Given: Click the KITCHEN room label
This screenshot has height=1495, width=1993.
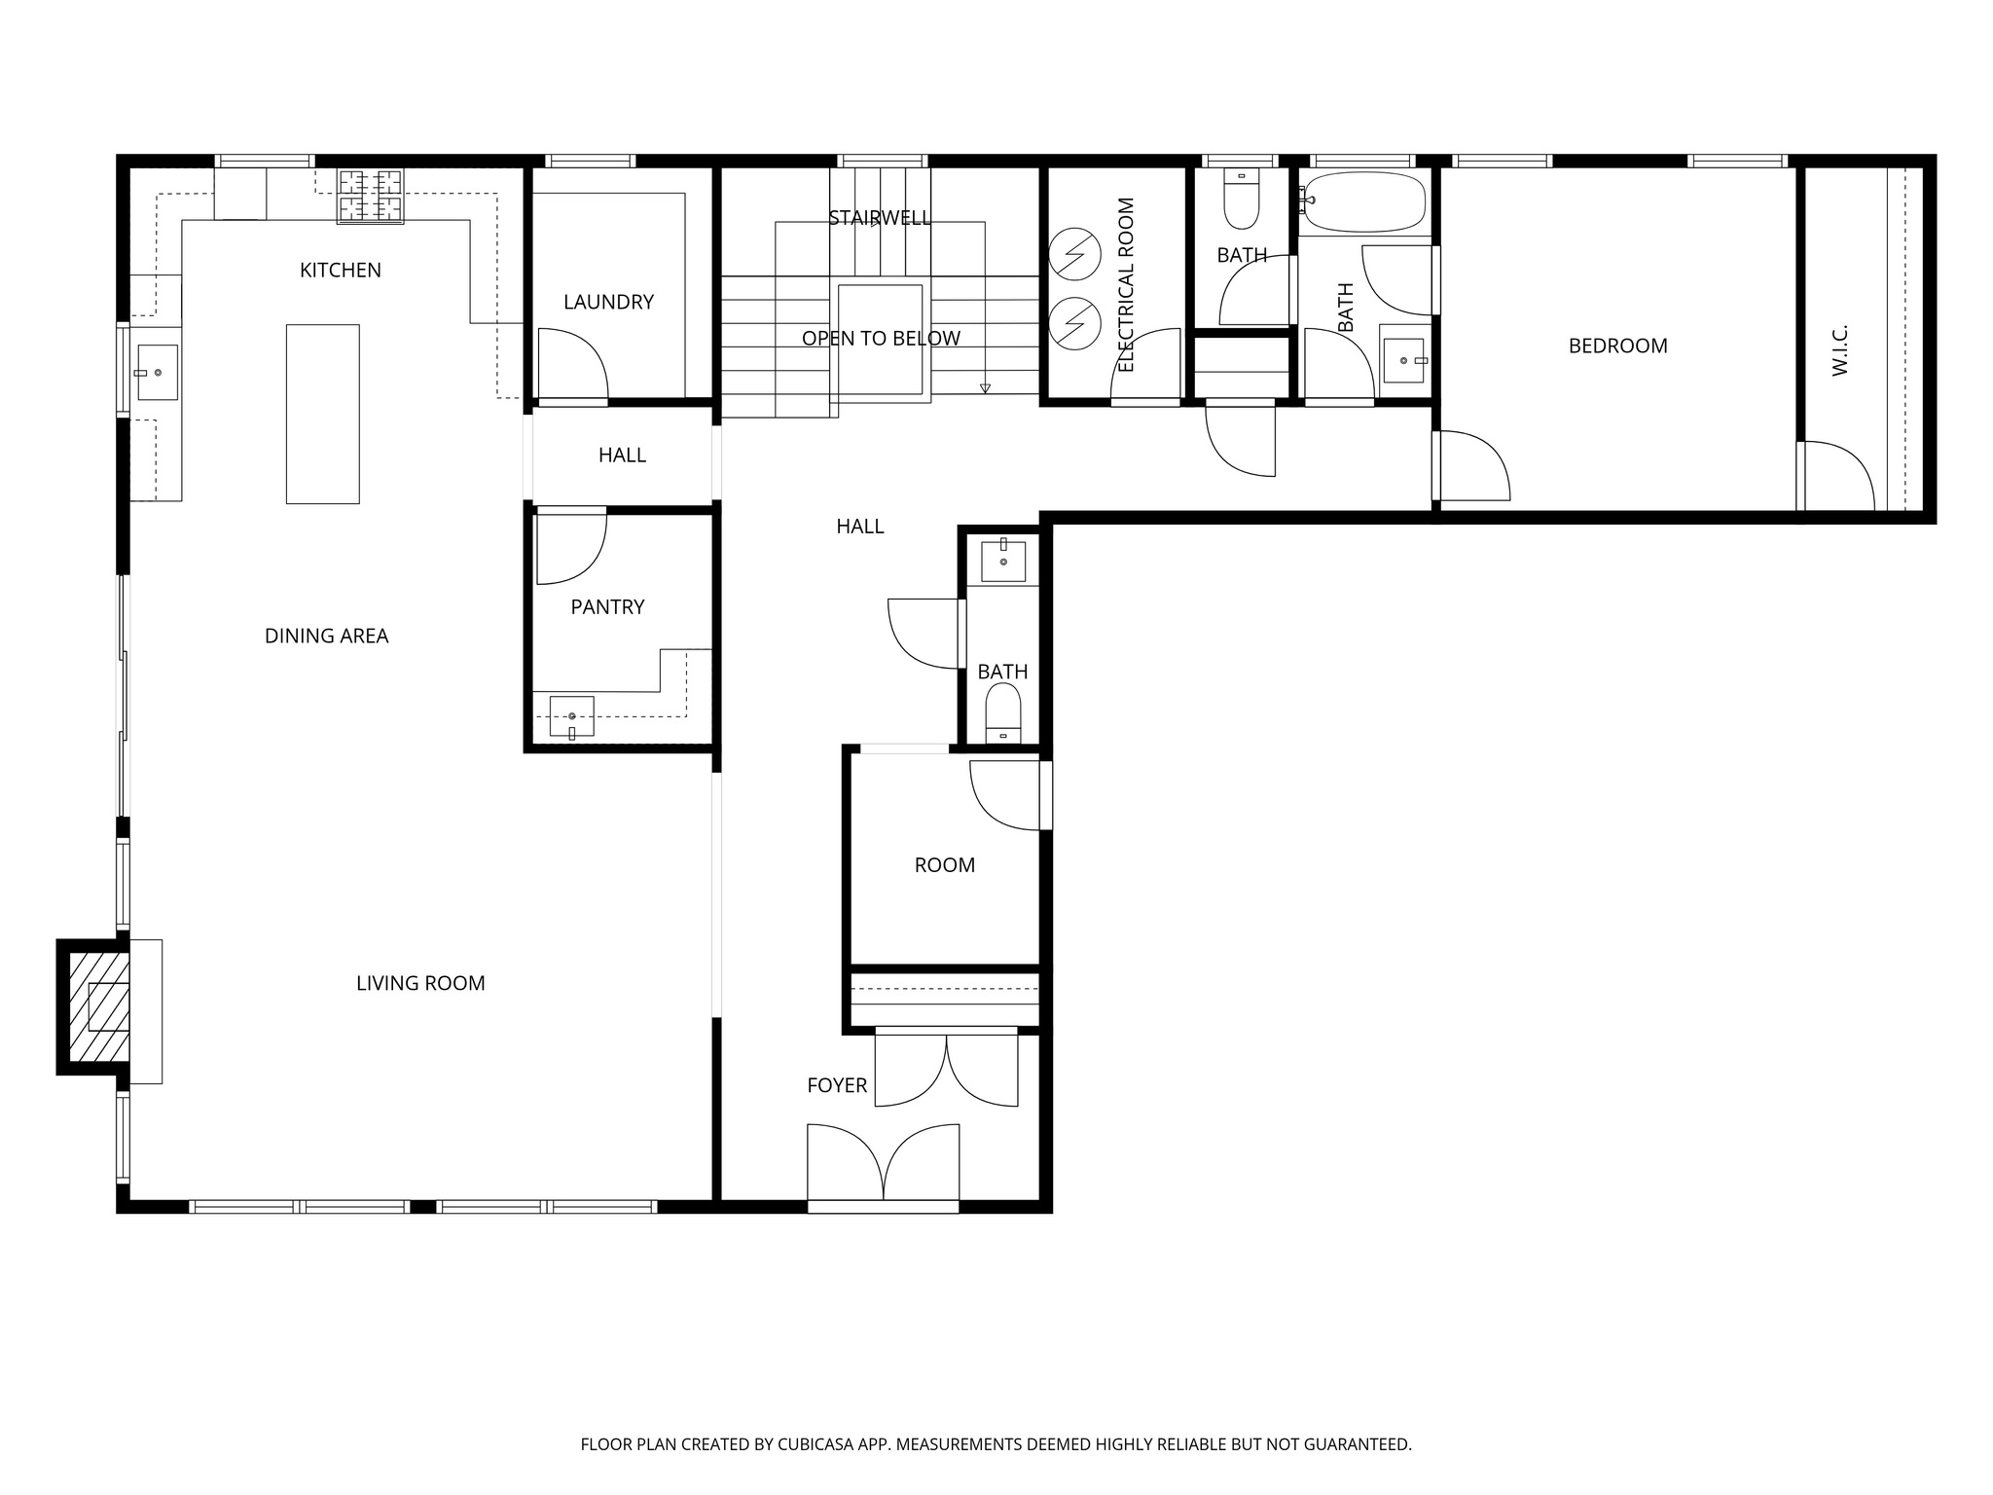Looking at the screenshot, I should tap(340, 271).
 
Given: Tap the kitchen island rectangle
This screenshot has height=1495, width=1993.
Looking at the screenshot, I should tap(322, 414).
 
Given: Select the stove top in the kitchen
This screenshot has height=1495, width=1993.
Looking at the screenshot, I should tap(370, 197).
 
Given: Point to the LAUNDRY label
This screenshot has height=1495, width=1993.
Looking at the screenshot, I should tap(608, 302).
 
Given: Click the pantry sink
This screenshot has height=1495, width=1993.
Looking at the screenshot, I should tap(571, 716).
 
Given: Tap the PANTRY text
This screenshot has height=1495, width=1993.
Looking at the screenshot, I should tap(607, 607).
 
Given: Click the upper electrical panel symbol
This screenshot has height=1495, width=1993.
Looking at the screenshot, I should tap(1074, 254).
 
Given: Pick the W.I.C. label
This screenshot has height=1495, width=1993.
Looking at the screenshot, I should tap(1839, 350).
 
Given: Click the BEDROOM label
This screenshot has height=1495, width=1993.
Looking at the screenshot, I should tap(1617, 346).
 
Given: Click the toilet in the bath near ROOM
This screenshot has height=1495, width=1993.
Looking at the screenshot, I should tap(1002, 711).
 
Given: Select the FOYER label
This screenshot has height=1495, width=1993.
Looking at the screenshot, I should tap(836, 1085).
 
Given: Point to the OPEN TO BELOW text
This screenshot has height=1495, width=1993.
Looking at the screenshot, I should tap(881, 339).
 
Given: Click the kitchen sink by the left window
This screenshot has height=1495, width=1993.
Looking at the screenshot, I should tap(157, 372).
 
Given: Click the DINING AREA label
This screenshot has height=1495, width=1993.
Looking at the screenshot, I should tap(326, 637).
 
